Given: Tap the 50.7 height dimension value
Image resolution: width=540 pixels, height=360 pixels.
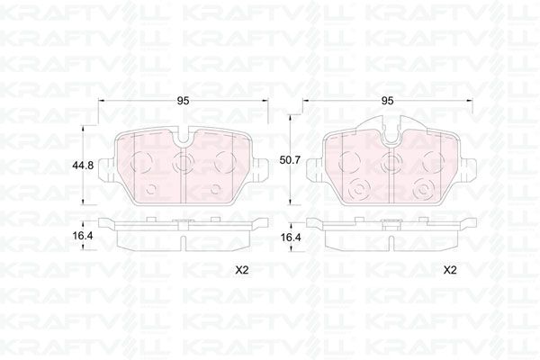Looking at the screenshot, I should click(290, 159).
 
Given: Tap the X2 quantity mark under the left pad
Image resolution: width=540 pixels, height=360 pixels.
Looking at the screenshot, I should click(242, 270).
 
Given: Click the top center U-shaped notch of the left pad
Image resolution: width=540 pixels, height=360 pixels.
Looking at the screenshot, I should click(183, 139).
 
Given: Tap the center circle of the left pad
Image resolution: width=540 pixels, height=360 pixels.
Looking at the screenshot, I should click(183, 164).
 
